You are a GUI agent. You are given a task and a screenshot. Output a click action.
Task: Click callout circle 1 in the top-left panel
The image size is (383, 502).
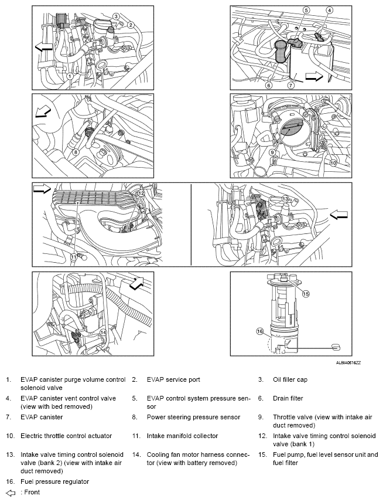click(70, 76)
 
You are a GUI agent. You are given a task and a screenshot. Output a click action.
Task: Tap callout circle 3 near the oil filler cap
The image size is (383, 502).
click(116, 16)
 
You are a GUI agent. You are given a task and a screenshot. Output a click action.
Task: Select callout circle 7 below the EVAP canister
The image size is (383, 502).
click(290, 86)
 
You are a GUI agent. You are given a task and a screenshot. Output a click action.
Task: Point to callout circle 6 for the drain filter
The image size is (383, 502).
click(269, 86)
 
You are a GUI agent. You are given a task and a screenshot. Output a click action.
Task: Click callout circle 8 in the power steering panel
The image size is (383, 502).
click(76, 152)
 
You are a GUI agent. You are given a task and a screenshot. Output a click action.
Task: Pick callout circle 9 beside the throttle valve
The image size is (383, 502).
click(272, 152)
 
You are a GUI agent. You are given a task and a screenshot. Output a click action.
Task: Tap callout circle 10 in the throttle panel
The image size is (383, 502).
click(333, 163)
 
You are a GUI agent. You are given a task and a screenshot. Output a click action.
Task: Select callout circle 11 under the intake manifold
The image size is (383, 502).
click(74, 256)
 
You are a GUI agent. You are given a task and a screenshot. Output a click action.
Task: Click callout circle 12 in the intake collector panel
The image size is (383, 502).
click(141, 193)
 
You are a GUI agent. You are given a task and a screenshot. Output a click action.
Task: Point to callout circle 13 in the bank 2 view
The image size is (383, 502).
click(285, 199)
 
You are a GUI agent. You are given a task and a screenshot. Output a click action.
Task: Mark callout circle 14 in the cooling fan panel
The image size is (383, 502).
click(103, 333)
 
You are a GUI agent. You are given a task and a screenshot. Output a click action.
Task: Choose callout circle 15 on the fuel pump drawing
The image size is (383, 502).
click(306, 294)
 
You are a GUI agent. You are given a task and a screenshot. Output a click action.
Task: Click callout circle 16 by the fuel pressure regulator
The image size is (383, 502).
click(259, 331)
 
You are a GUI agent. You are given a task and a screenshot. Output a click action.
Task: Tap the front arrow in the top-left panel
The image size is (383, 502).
click(43, 48)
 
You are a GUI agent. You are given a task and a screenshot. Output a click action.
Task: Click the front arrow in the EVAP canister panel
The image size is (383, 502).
click(314, 76)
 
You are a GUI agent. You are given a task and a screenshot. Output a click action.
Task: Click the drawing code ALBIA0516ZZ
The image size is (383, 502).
click(348, 363)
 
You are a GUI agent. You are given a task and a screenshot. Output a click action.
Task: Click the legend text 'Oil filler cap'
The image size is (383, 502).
click(290, 379)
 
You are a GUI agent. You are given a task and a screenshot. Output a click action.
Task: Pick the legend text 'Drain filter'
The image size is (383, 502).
click(288, 398)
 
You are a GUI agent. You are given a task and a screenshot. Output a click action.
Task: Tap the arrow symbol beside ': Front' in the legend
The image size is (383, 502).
click(11, 493)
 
